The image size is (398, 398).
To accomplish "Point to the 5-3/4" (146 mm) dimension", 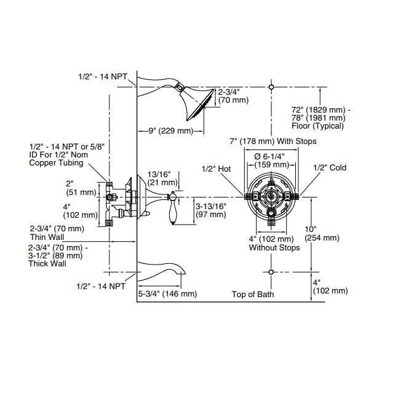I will [x=167, y=294].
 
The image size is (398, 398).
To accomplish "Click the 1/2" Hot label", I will [x=216, y=168].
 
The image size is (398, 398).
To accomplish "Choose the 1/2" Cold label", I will [x=329, y=168].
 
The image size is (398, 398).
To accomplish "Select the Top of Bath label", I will [x=253, y=294].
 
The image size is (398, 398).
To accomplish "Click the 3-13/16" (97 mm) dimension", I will [x=211, y=210].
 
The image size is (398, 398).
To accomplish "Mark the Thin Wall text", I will [x=49, y=237].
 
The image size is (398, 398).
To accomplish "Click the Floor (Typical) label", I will [x=318, y=126].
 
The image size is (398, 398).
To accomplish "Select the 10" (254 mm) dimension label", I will [x=322, y=234].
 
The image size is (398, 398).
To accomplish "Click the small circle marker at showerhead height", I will [x=271, y=87].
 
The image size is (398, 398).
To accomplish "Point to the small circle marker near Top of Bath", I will [x=271, y=271].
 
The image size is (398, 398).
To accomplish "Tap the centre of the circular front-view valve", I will [x=271, y=197].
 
